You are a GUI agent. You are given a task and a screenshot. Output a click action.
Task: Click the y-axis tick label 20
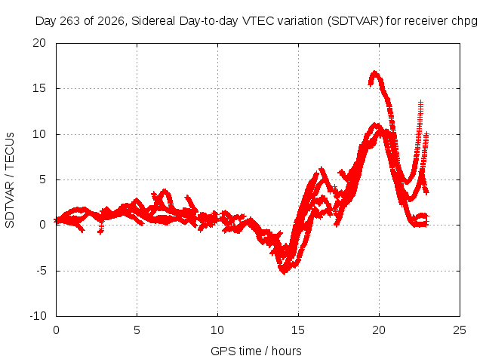click(x=39, y=43)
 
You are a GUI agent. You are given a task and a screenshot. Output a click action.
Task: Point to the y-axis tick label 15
click(x=39, y=88)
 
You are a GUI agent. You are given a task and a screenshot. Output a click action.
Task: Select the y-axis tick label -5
click(x=41, y=271)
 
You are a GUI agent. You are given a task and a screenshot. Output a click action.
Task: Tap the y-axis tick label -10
click(x=38, y=316)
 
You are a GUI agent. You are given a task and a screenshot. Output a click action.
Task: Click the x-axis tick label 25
click(x=460, y=330)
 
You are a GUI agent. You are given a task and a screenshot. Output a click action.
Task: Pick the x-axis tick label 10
click(x=217, y=330)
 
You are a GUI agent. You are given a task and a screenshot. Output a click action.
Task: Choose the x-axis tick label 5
click(x=137, y=330)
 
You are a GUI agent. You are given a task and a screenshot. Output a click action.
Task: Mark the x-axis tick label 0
click(x=56, y=330)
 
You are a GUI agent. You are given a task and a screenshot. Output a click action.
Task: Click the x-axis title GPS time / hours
click(x=256, y=351)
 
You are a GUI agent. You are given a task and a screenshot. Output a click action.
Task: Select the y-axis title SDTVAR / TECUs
click(x=10, y=180)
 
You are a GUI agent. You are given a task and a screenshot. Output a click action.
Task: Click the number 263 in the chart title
click(x=70, y=21)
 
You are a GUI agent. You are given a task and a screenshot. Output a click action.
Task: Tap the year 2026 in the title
click(x=111, y=21)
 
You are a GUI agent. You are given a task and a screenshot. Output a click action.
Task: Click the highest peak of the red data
click(x=374, y=72)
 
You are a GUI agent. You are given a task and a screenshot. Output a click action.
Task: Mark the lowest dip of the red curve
click(x=284, y=272)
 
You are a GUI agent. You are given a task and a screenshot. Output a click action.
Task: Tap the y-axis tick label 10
click(x=39, y=134)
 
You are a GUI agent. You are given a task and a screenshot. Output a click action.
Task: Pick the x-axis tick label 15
click(x=298, y=330)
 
